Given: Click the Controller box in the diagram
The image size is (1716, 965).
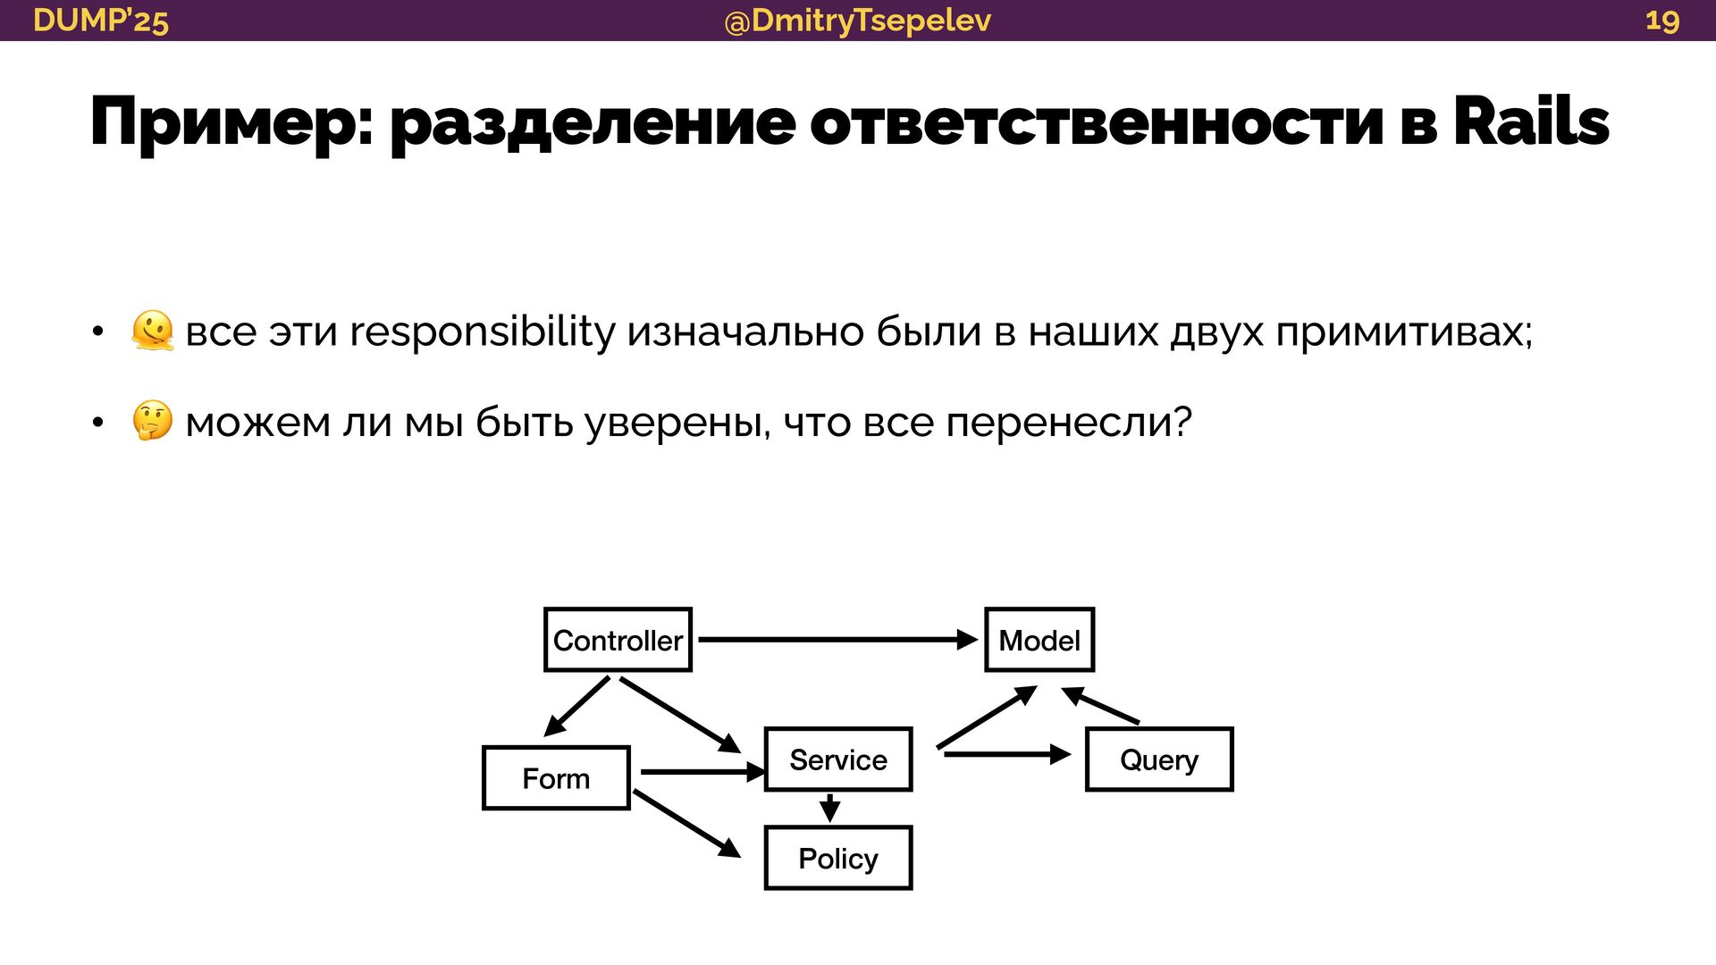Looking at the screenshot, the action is click(x=618, y=640).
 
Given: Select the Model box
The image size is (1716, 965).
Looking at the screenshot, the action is click(x=1039, y=640).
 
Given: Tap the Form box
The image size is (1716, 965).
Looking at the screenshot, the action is click(x=556, y=778).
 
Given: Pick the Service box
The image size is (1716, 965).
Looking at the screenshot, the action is click(x=838, y=759).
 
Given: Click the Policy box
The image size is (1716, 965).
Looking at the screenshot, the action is click(x=838, y=858).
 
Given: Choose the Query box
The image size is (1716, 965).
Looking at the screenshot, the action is click(x=1159, y=759).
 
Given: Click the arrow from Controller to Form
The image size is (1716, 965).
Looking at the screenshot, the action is click(x=577, y=706).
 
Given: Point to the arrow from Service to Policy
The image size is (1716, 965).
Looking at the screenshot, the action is click(x=830, y=808).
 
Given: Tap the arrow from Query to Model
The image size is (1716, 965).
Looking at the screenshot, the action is click(x=1100, y=705).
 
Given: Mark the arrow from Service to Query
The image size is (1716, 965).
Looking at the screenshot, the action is click(x=1006, y=755).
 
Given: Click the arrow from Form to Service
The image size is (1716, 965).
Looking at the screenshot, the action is click(x=702, y=771).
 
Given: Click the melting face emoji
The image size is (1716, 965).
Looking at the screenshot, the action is click(x=152, y=331).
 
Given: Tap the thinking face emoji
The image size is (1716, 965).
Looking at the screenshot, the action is click(x=152, y=422).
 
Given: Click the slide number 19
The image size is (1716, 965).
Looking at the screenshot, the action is click(x=1661, y=20).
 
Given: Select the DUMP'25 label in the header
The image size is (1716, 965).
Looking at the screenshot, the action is click(x=100, y=20).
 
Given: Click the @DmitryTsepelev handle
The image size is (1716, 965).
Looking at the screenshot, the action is click(x=857, y=20).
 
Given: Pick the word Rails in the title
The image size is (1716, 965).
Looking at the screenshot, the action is click(x=1531, y=122).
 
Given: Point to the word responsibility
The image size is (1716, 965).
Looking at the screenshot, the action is click(x=482, y=331).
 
